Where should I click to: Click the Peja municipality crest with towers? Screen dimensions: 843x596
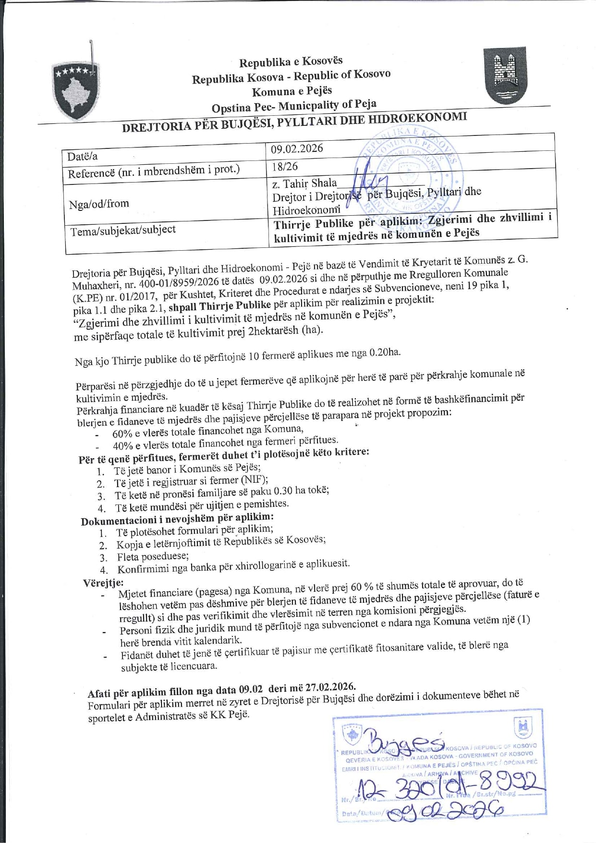coord(505,75)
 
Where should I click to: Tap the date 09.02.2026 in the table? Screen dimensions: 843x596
coord(297,148)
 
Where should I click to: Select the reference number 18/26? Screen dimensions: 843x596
coord(284,166)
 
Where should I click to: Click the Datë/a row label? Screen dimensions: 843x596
coord(82,157)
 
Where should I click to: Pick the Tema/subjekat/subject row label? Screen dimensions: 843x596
coord(123,231)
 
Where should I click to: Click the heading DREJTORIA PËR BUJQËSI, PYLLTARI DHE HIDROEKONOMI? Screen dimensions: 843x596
coord(294,122)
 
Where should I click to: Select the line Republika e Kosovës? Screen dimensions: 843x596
coord(291,61)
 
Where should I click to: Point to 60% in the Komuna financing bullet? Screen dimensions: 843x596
coord(122,433)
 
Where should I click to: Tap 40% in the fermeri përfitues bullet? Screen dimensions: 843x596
coord(123,446)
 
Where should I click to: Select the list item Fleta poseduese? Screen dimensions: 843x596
coord(153,557)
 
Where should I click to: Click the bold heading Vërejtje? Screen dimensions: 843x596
coord(103,583)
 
